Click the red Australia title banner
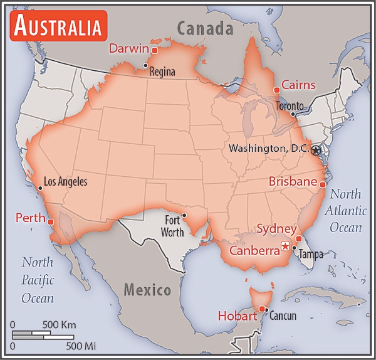click(x=57, y=26)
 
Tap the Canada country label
click(x=204, y=28)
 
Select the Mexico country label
click(x=147, y=290)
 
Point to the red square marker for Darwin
click(x=154, y=50)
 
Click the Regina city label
click(x=162, y=72)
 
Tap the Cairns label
click(x=298, y=85)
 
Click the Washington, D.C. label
click(x=269, y=149)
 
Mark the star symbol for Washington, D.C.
click(x=316, y=150)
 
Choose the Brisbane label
click(x=293, y=181)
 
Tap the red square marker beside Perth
click(x=51, y=221)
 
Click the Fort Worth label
click(x=174, y=226)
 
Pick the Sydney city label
click(x=276, y=230)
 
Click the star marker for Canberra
click(x=286, y=246)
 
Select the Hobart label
click(x=238, y=316)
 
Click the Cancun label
click(x=283, y=316)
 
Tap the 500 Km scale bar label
click(x=59, y=325)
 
